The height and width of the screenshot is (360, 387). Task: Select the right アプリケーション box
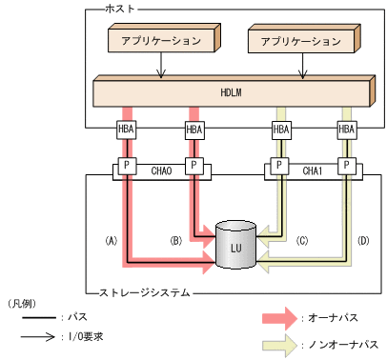(x=299, y=42)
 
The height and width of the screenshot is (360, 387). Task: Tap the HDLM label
(x=233, y=92)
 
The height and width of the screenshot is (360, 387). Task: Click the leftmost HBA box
(x=126, y=130)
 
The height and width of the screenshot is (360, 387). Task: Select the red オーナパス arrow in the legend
(x=283, y=316)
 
